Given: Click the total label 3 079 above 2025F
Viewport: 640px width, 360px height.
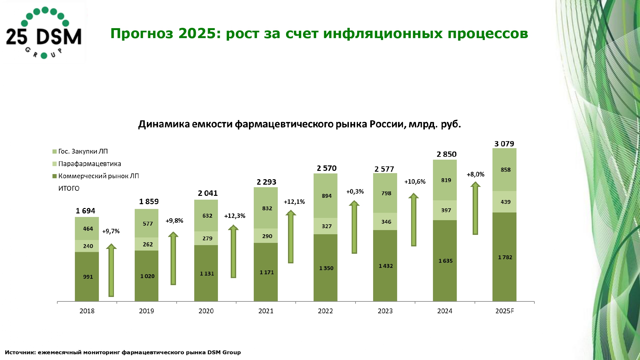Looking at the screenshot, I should coord(504,144).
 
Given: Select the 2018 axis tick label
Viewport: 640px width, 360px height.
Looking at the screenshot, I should coord(87,311).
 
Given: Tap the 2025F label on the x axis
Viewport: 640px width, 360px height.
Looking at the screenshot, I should coord(504,311).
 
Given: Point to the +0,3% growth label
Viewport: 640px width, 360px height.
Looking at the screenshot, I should coord(355,192).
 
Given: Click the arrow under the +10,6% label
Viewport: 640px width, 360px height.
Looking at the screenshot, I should coord(413,220).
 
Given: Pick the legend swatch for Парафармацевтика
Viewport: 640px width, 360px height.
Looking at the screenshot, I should coord(55,164).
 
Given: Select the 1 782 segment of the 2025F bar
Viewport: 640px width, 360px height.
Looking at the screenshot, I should coord(505,257).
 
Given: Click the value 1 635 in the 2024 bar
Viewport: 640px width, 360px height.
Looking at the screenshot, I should coord(445,261).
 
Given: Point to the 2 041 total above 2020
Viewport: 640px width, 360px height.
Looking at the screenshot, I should coord(207,193).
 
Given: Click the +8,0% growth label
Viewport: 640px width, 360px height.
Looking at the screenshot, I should coord(475,174).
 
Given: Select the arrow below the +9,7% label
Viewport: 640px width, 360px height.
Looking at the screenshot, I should coord(111,270).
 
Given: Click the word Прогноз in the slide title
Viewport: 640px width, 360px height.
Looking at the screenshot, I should coord(142,34).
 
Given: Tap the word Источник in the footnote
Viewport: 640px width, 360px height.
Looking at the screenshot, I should coord(20,352).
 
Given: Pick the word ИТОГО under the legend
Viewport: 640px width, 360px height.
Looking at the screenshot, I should coord(69,188).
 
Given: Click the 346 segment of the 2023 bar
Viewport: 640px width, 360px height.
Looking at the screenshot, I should coord(386,222).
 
